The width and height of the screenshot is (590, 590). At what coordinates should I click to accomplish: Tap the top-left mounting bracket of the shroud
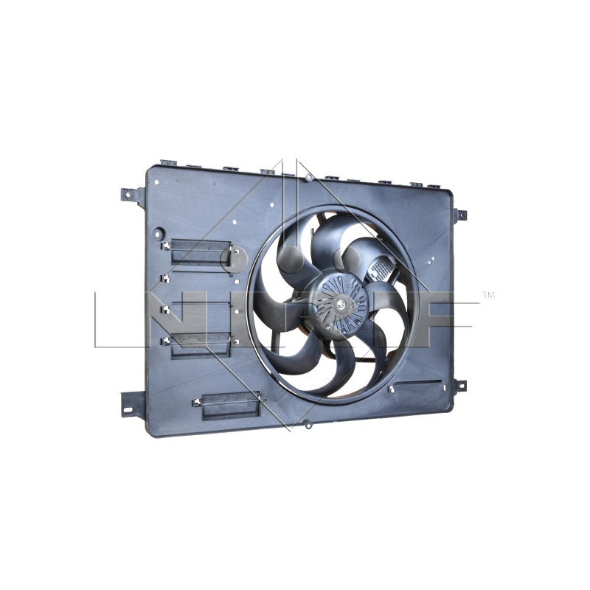click(x=133, y=195)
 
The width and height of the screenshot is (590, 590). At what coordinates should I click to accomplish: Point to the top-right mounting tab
click(x=459, y=215)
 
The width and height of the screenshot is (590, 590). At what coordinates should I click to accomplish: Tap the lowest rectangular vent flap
click(x=230, y=406)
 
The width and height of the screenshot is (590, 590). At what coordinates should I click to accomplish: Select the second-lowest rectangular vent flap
click(x=201, y=344)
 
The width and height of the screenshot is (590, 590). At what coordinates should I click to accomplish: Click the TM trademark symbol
click(x=487, y=295)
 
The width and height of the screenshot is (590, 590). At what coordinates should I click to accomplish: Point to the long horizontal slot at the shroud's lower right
click(x=417, y=385)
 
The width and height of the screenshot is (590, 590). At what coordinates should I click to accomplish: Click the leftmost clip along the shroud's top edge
click(x=168, y=163)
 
